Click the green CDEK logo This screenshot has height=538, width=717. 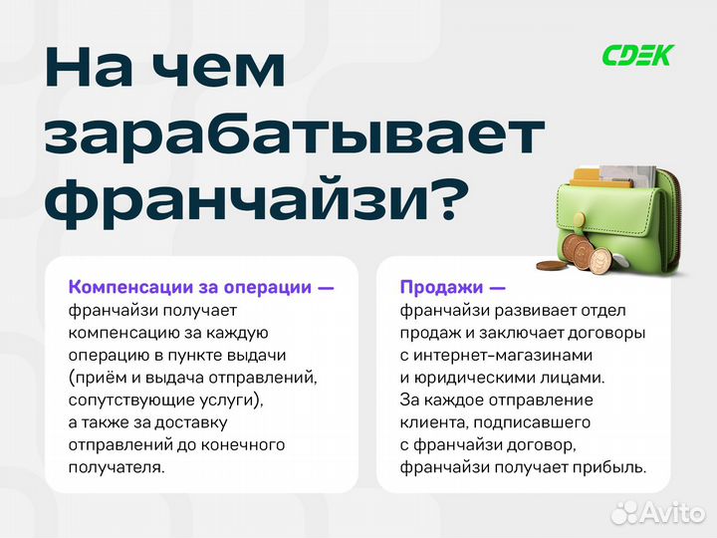637,55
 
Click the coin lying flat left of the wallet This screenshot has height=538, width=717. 550,265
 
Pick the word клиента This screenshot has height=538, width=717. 431,421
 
